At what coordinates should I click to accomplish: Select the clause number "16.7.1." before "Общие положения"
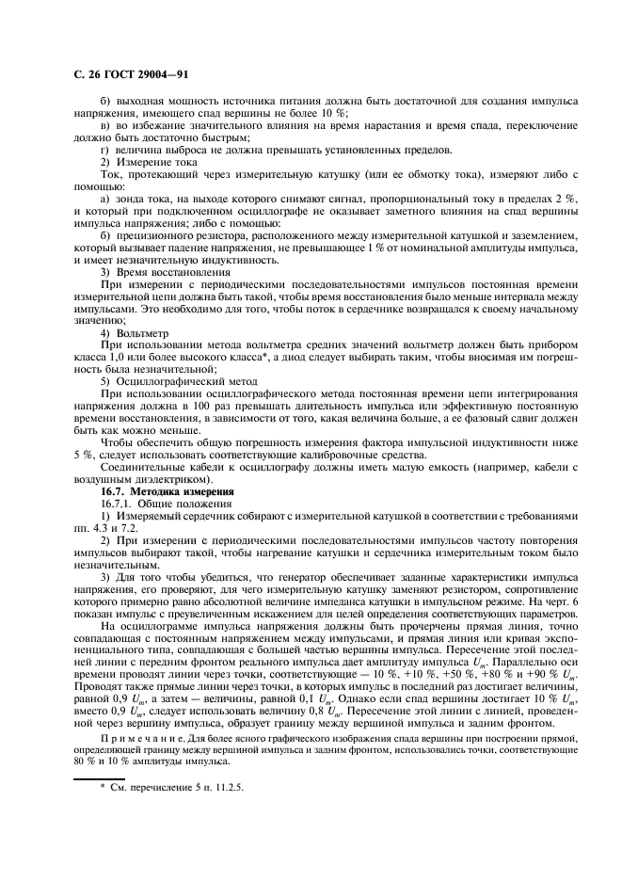click(x=119, y=505)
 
